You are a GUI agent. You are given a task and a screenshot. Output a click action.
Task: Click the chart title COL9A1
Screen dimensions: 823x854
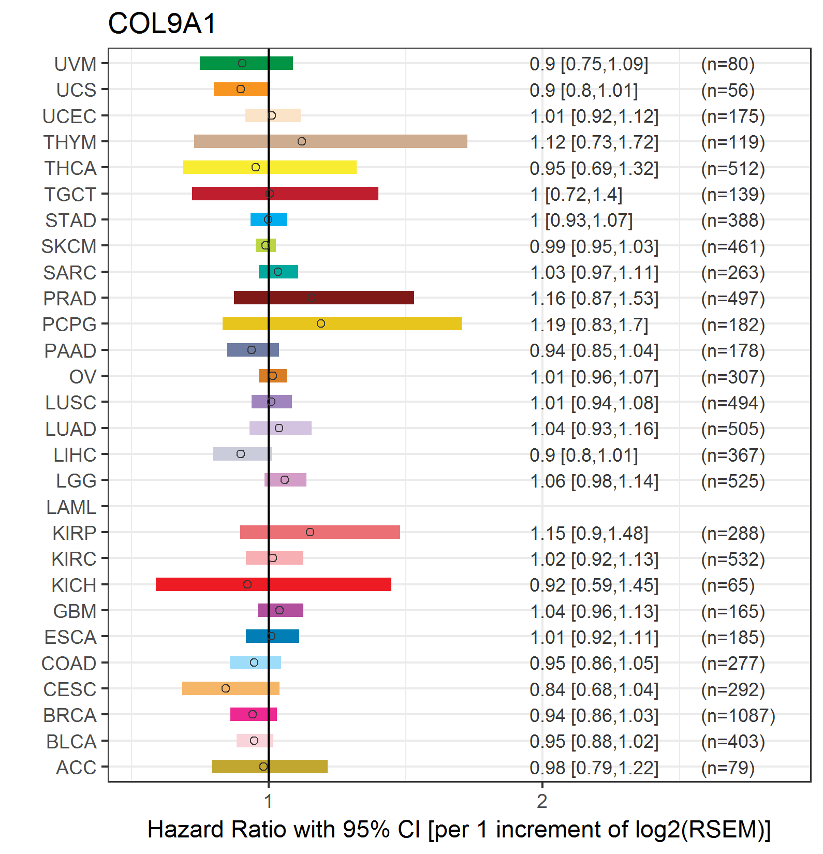tap(162, 24)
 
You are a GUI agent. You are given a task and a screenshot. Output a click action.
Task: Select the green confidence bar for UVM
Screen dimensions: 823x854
tap(246, 63)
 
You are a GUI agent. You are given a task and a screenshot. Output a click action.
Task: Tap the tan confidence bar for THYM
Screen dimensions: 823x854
tap(331, 141)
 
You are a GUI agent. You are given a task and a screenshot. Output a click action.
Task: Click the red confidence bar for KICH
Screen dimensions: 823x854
tap(273, 584)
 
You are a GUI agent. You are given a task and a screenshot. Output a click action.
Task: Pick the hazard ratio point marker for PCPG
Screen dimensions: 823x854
tap(321, 323)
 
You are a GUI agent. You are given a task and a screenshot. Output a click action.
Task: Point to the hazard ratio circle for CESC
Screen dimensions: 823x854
tap(226, 688)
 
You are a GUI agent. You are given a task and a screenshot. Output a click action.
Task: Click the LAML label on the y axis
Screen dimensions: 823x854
tap(71, 507)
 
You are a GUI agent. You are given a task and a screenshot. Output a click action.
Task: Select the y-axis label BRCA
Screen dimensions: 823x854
tap(70, 715)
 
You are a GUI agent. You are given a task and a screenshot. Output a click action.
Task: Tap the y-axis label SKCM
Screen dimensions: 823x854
tap(69, 246)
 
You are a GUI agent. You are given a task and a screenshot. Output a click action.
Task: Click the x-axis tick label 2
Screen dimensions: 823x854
tap(542, 801)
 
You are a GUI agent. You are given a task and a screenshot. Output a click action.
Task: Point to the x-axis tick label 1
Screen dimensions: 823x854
tap(268, 801)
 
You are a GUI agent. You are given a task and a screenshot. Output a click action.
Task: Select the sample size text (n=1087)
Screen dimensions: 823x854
tap(738, 715)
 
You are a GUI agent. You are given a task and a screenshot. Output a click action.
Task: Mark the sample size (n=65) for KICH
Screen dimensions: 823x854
tap(728, 585)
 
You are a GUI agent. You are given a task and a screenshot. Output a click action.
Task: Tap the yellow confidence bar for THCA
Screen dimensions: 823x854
tap(270, 167)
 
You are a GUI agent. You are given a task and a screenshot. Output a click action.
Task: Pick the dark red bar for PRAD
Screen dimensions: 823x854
tap(324, 298)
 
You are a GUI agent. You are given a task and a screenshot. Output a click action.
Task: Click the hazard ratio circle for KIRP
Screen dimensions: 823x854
tap(310, 532)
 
